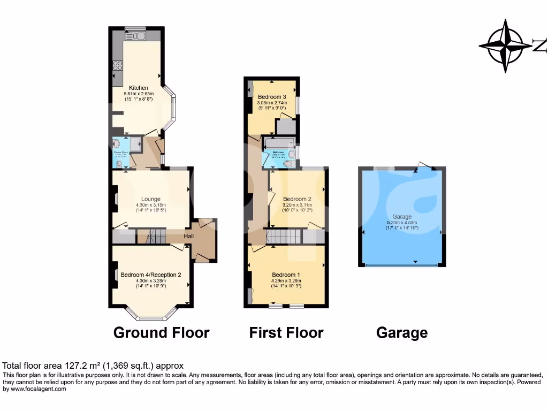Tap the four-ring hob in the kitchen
click(118, 66)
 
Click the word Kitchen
click(139, 88)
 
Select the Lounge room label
click(151, 199)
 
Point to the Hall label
click(189, 237)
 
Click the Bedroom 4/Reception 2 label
click(151, 275)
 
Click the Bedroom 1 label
click(286, 275)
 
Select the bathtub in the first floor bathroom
click(279, 142)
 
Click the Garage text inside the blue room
click(402, 217)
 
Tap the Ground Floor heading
click(161, 332)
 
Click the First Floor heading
click(286, 332)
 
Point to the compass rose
click(505, 46)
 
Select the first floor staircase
click(284, 236)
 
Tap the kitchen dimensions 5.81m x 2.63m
click(139, 94)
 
